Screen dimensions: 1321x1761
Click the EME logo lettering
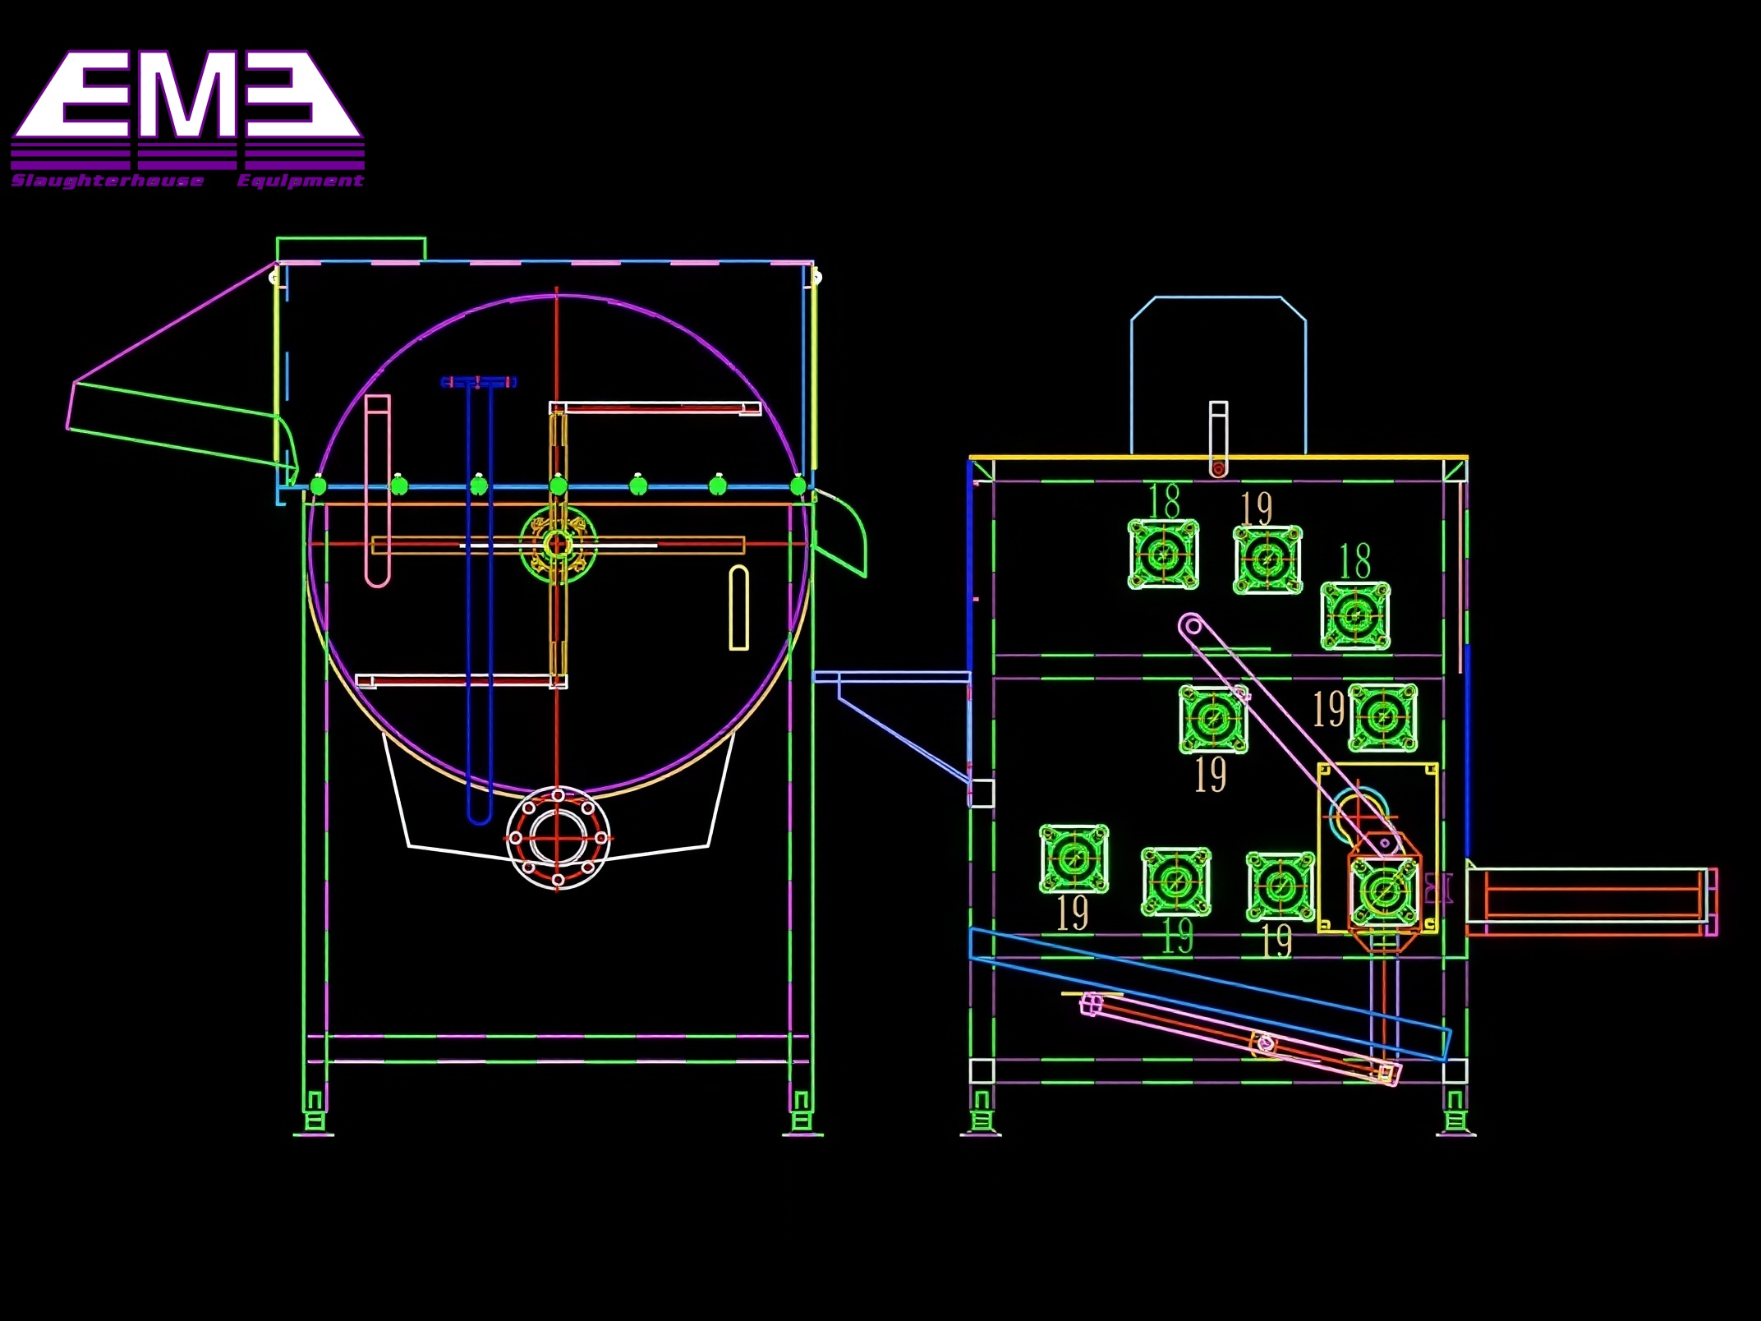tap(187, 97)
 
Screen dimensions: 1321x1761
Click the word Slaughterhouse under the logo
tap(108, 181)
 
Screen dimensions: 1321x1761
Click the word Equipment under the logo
tap(300, 181)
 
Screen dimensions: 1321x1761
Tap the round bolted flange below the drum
tap(558, 838)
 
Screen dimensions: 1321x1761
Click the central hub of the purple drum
tap(558, 543)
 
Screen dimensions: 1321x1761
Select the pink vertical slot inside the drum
tap(377, 490)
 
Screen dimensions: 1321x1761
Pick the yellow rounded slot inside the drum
tap(739, 608)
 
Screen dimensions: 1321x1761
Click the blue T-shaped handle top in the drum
tap(479, 382)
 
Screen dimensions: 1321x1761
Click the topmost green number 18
tap(1165, 501)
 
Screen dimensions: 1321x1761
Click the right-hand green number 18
tap(1355, 562)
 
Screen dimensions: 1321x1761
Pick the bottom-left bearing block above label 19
tap(1074, 859)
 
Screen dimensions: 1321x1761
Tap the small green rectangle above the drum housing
tap(351, 249)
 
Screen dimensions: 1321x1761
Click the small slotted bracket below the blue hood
tap(1218, 440)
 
